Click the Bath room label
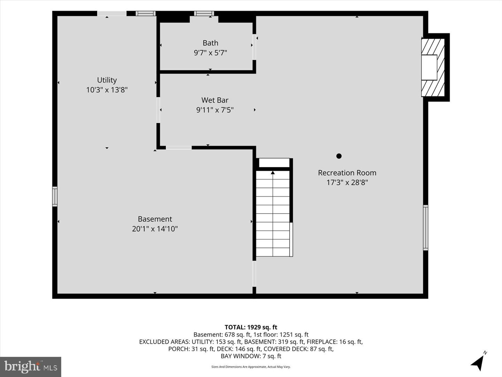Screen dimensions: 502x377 (211, 43)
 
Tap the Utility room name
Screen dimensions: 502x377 (107, 80)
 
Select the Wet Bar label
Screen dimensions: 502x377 (215, 100)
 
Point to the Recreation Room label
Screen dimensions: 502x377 (347, 173)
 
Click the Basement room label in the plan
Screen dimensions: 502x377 (155, 219)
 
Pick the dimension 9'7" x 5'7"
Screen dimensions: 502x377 (211, 53)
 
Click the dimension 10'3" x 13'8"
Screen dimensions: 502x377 (107, 90)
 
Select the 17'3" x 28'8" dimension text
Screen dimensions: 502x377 (347, 183)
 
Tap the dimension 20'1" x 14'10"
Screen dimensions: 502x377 (155, 229)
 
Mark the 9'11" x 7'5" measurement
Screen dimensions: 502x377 (215, 110)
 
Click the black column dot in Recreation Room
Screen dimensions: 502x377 (339, 156)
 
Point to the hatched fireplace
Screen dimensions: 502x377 (433, 67)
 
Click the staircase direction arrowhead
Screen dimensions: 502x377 (273, 172)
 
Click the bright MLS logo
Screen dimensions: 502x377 (31, 367)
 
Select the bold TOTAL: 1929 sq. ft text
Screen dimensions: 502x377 (251, 327)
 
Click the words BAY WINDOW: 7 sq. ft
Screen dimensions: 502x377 (251, 356)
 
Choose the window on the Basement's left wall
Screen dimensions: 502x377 (55, 197)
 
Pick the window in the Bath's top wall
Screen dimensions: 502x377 (204, 14)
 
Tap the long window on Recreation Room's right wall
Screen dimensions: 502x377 (425, 228)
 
